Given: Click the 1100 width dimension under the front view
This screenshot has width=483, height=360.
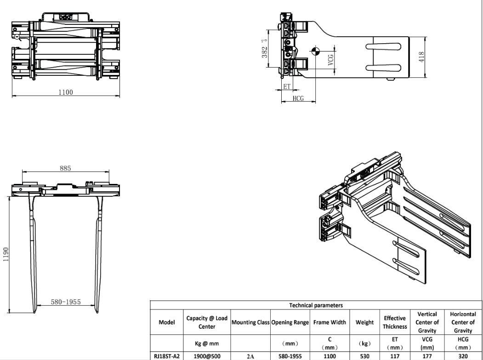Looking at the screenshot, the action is pyautogui.click(x=66, y=92).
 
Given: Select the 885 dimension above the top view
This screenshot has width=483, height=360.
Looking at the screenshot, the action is pyautogui.click(x=65, y=168).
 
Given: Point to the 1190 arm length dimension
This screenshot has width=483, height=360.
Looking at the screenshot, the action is pyautogui.click(x=6, y=254).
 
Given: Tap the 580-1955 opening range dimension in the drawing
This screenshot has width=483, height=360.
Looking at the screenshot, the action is pyautogui.click(x=66, y=302).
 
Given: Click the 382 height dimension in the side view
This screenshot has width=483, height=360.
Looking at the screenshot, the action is pyautogui.click(x=265, y=52).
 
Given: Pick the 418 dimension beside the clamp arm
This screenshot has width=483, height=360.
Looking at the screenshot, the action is pyautogui.click(x=421, y=57).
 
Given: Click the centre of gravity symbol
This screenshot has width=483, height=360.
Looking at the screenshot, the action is pyautogui.click(x=315, y=51).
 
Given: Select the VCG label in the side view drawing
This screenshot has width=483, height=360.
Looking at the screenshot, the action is pyautogui.click(x=330, y=60).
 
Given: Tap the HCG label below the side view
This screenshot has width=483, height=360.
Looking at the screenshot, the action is pyautogui.click(x=298, y=98).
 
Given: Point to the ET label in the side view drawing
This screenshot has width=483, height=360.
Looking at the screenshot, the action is pyautogui.click(x=286, y=86).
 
